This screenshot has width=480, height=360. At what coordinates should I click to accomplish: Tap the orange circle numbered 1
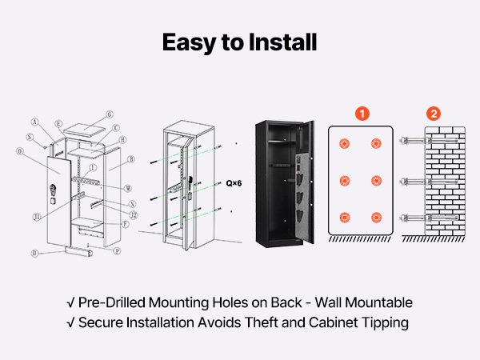pyautogui.click(x=362, y=114)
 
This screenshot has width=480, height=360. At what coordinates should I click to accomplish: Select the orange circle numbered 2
pyautogui.click(x=434, y=114)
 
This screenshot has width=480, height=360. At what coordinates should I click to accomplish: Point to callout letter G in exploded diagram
pyautogui.click(x=110, y=114)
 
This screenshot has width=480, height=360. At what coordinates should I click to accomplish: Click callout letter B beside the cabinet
pyautogui.click(x=130, y=160)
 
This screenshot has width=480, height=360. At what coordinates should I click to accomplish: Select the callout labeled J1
pyautogui.click(x=37, y=216)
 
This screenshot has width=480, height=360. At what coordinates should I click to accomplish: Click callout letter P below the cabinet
pyautogui.click(x=118, y=250)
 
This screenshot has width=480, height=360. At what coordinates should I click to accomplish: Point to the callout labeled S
pyautogui.click(x=30, y=137)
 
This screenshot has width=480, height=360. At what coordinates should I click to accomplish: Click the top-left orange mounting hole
pyautogui.click(x=345, y=144)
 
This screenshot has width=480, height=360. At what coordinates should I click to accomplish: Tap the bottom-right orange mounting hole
pyautogui.click(x=376, y=217)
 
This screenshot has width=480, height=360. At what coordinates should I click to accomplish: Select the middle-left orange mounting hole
pyautogui.click(x=345, y=180)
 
